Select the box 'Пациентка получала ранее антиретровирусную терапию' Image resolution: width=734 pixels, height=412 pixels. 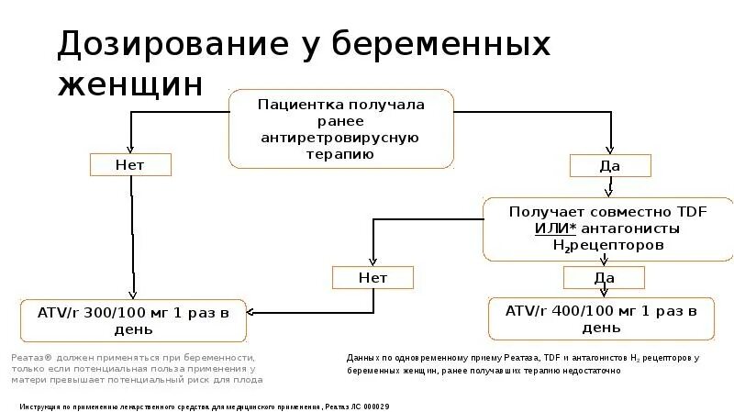(x=340, y=129)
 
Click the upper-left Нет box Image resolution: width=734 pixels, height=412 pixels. (x=129, y=164)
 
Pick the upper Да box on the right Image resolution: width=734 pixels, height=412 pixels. (x=610, y=165)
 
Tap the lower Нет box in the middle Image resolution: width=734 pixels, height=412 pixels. (x=373, y=276)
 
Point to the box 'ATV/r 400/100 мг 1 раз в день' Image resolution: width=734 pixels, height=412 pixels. (x=603, y=317)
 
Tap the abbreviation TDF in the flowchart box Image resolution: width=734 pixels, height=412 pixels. (x=693, y=211)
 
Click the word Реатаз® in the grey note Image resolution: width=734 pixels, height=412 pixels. (x=33, y=357)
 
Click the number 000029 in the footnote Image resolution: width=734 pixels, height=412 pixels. (x=376, y=405)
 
